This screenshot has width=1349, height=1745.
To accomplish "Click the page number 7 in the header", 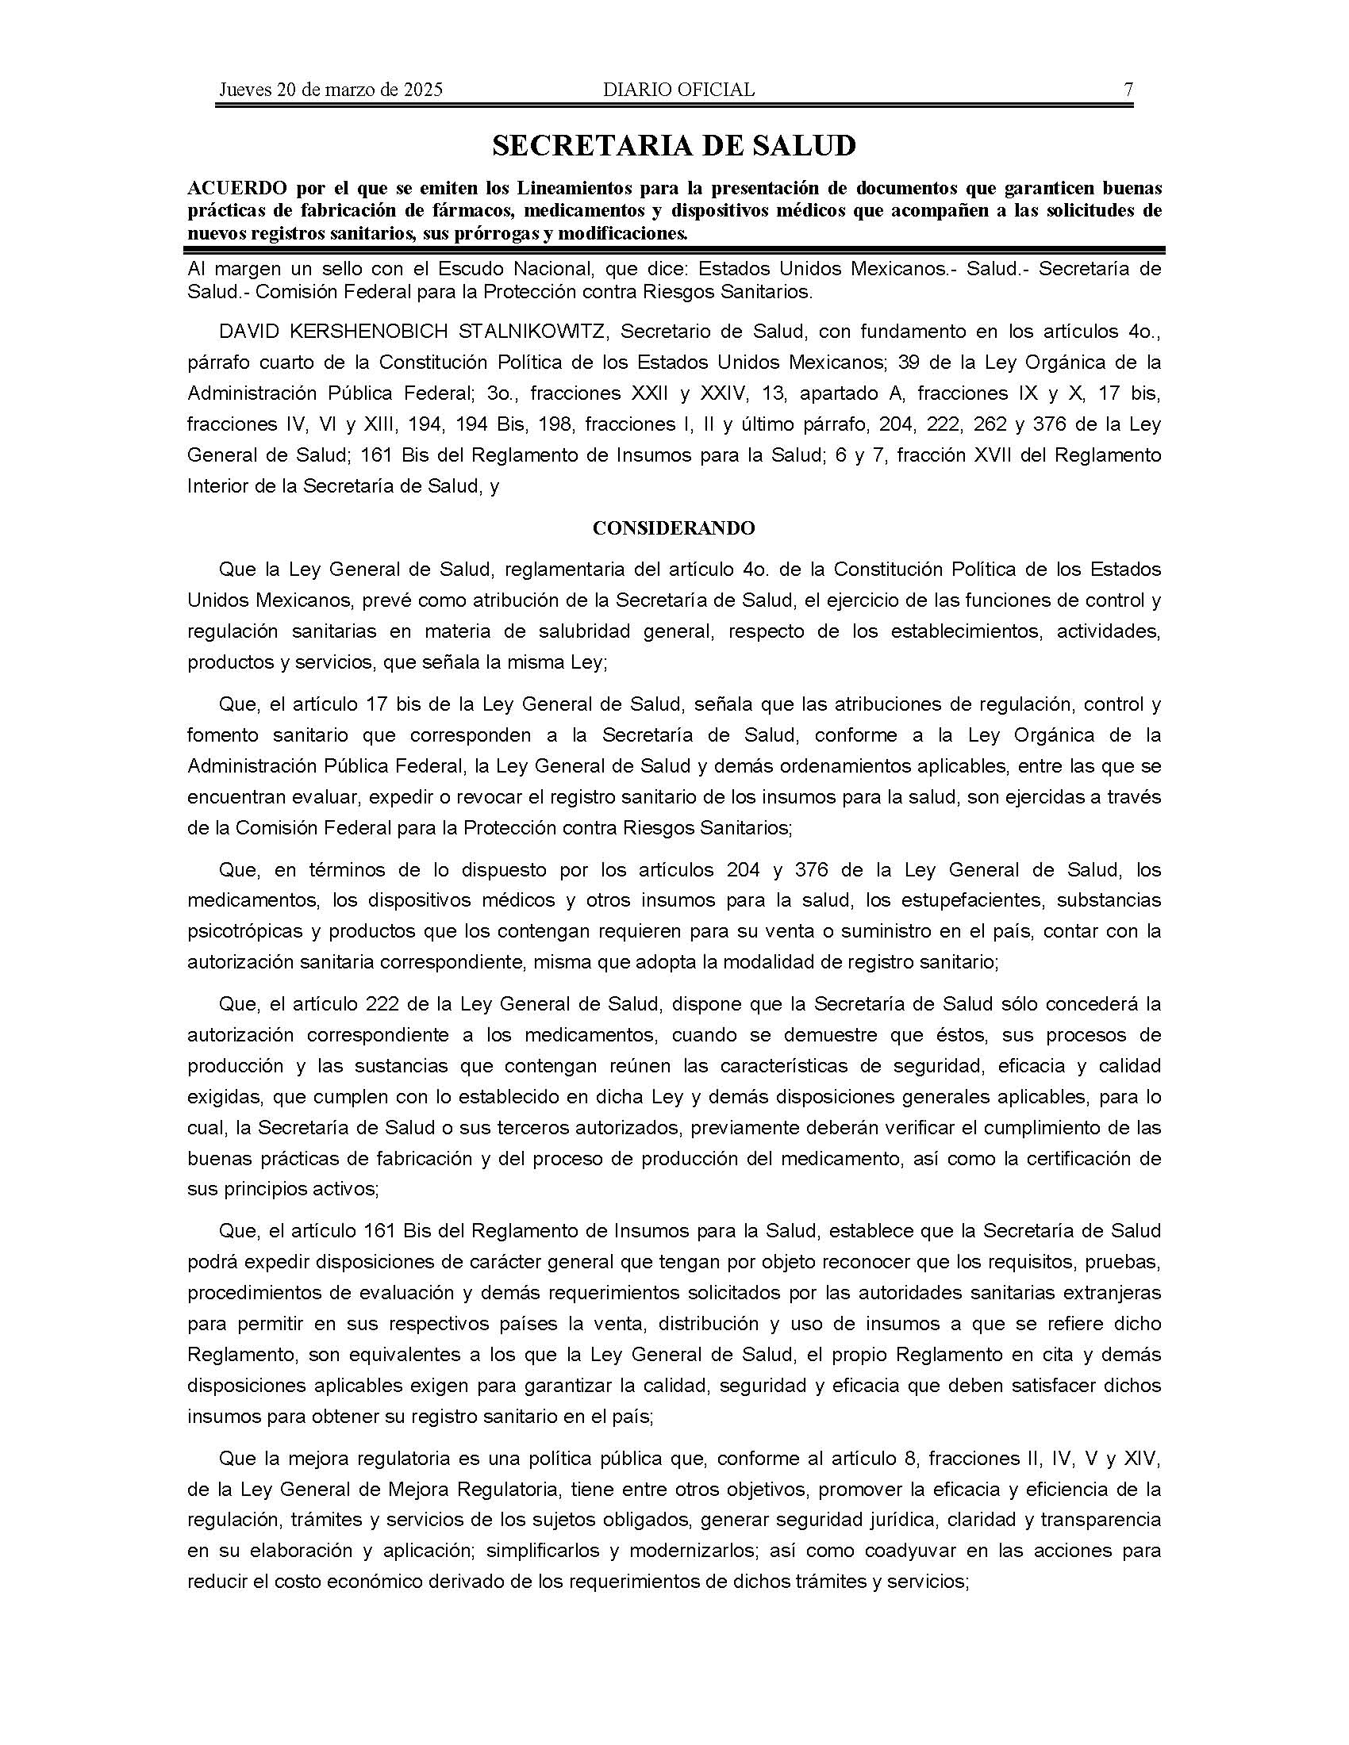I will point(1128,90).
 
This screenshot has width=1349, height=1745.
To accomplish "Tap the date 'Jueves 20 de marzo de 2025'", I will point(330,90).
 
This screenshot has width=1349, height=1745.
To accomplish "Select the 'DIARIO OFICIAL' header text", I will point(678,90).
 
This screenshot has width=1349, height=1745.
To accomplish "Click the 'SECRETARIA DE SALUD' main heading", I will point(674,145).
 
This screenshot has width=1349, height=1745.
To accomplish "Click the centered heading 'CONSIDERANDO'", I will point(674,528).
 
